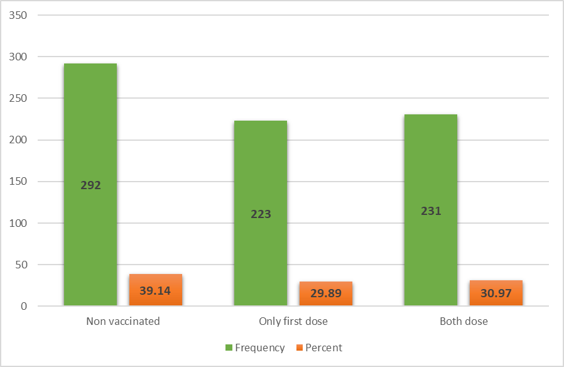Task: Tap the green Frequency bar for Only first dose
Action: point(261,163)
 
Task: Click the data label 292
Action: point(90,185)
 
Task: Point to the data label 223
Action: point(261,214)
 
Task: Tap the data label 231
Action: point(431,211)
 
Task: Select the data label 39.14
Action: point(156,291)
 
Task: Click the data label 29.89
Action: point(326,294)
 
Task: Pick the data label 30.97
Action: point(496,293)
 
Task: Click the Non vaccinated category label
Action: point(123,321)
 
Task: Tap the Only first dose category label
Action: point(293,321)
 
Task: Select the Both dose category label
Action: point(464,321)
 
